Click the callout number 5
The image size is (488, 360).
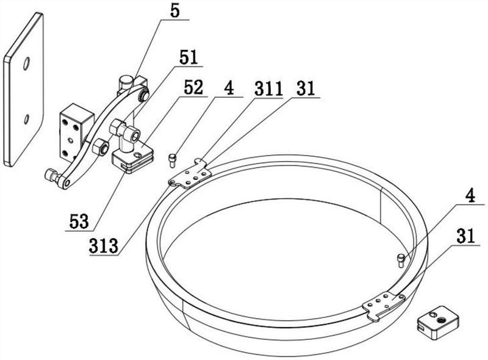175,12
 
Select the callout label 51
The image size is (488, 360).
188,57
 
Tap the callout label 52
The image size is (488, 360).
193,88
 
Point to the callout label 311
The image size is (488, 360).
268,88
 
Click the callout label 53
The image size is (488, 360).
79,221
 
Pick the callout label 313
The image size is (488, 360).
104,246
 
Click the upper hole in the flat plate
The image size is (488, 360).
26,63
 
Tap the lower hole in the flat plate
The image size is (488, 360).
26,119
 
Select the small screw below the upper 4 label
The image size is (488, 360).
173,160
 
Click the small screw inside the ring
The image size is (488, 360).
401,261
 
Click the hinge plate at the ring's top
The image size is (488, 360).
191,175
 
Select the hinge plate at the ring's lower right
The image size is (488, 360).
384,305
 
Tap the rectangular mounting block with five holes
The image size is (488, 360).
76,131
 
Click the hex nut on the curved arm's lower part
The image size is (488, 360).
100,146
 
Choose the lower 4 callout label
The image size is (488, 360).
470,196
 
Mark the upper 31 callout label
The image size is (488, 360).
306,88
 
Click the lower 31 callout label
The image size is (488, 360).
466,236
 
